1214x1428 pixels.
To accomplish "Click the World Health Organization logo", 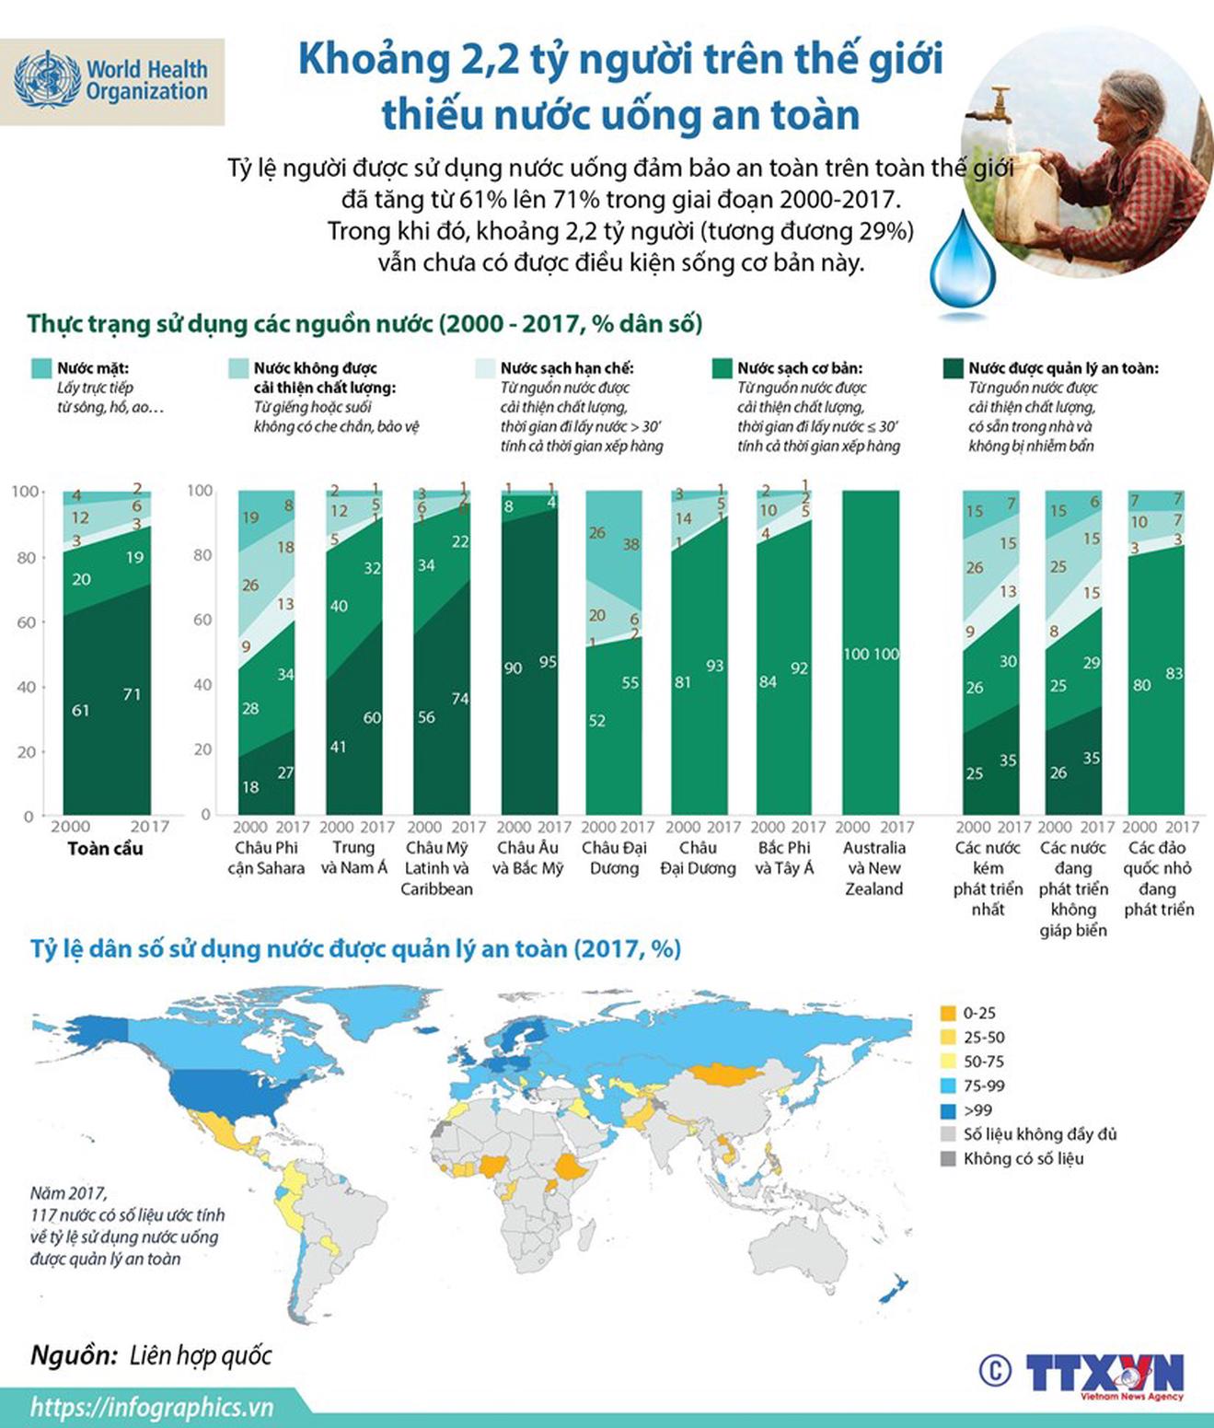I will pos(111,81).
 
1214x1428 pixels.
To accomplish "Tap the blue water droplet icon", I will pos(962,262).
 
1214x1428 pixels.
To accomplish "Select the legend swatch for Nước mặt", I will pos(41,368).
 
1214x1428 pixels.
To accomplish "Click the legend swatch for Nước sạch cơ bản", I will pos(723,368).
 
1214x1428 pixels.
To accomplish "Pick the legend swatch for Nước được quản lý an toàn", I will pos(953,368).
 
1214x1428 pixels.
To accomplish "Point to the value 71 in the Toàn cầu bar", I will pos(132,694).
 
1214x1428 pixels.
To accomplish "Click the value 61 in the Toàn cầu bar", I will pos(81,710).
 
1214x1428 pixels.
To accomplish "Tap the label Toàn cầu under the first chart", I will pos(105,848).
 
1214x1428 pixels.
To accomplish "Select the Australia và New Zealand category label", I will pos(873,867).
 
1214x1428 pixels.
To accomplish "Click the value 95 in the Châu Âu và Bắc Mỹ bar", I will pos(548,662).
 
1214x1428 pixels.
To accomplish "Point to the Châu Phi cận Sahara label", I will pos(266,857).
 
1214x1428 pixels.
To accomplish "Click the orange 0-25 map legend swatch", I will pos(948,1013).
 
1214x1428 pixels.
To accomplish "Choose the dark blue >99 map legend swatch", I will pos(948,1110).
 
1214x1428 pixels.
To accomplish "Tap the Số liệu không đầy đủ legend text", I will pos(1040,1134).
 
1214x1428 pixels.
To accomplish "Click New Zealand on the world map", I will pos(894,1289).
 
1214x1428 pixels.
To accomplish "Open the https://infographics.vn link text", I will pos(152,1407).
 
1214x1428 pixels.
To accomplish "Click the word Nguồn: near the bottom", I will pos(74,1354).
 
